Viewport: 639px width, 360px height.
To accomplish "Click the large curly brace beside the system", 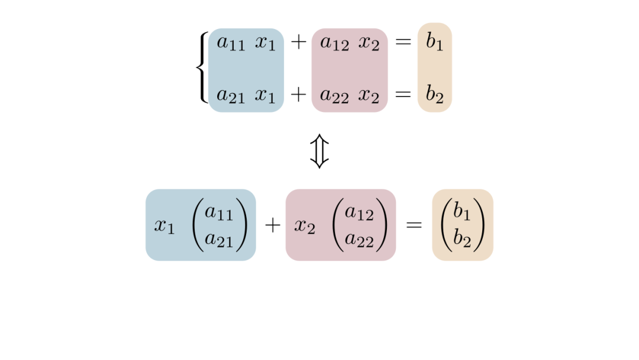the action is point(202,67).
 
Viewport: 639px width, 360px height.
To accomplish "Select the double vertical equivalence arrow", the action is point(319,151).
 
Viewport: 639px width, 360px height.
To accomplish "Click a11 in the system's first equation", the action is point(231,43).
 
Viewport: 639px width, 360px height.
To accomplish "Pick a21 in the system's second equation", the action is point(231,95).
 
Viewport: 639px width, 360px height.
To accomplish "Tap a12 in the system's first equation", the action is point(334,43).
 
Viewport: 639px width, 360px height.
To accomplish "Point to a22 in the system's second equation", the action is point(334,95).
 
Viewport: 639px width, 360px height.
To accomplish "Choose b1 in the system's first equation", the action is point(434,43).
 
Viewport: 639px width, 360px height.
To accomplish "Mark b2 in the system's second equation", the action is point(434,95).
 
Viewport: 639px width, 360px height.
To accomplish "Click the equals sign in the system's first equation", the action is point(403,42).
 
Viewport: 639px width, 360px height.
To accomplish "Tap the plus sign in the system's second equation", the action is point(298,94).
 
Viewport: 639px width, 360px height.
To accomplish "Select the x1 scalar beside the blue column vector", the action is point(164,226).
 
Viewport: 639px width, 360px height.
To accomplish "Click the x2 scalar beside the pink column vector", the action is point(305,226).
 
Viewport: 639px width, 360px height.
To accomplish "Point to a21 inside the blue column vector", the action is point(219,239).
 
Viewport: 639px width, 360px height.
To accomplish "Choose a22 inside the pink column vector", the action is point(359,239).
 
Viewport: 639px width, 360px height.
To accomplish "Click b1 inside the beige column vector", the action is point(462,212).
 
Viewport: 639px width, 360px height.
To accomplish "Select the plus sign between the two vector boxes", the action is point(272,225).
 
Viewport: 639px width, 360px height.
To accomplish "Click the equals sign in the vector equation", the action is point(414,225).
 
